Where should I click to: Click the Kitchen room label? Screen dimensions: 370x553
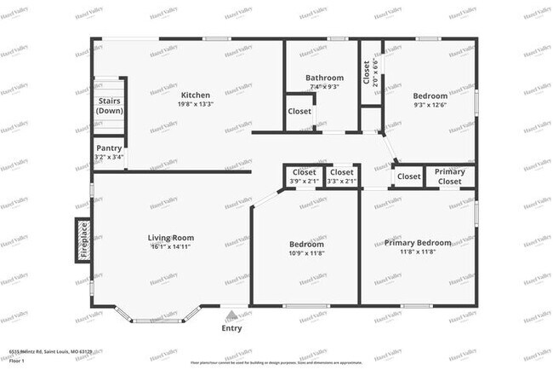[196, 95]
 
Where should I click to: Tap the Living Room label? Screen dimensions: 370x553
[171, 238]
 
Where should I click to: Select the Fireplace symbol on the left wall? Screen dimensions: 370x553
[83, 240]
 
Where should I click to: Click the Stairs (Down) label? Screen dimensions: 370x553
[109, 106]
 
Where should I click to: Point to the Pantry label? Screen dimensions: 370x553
[109, 147]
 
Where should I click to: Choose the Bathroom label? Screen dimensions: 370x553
[324, 78]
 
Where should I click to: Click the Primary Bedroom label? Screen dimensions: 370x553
[417, 243]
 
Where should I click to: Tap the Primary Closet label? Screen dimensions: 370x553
[449, 176]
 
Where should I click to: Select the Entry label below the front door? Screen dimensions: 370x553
[231, 328]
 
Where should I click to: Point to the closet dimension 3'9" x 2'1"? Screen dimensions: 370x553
[304, 181]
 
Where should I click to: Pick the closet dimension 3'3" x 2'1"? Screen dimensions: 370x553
[340, 181]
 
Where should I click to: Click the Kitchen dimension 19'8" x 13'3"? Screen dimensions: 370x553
[196, 104]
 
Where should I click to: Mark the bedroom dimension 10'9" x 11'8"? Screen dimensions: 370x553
[306, 253]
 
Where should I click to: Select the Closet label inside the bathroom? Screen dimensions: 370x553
[299, 112]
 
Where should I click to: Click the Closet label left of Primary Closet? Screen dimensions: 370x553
[408, 176]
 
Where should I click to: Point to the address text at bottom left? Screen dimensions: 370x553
[50, 350]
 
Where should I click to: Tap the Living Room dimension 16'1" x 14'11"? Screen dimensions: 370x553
[171, 247]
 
